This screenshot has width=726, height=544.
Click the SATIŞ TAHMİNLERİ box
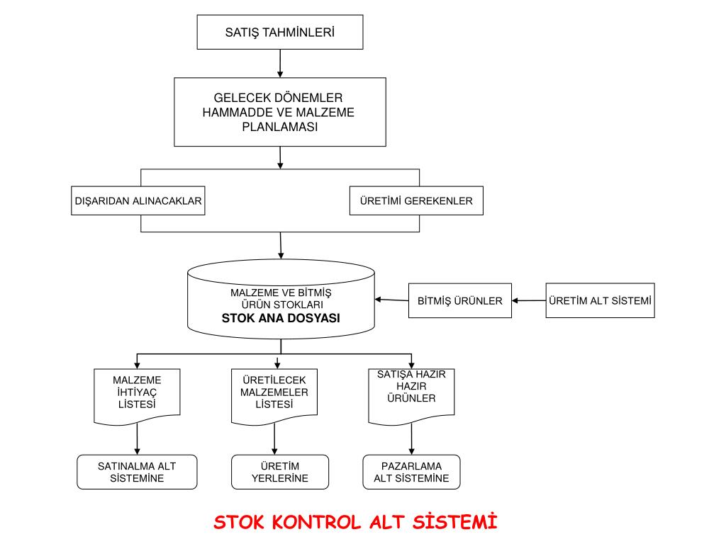[x=280, y=32]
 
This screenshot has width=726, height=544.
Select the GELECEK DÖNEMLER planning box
[x=280, y=112]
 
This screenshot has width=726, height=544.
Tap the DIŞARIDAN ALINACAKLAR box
[x=138, y=201]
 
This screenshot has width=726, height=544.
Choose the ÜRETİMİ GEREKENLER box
[x=416, y=201]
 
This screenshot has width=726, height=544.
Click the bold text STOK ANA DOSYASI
[x=281, y=319]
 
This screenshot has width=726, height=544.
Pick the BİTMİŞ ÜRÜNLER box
[x=459, y=301]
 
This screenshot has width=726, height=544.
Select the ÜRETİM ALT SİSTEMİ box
[x=600, y=300]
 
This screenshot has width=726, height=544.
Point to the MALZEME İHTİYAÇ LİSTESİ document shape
[x=137, y=395]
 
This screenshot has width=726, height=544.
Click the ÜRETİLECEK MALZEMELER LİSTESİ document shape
[x=274, y=395]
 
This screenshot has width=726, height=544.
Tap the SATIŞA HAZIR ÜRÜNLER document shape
[x=411, y=393]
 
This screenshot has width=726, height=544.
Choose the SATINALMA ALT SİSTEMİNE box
[x=137, y=472]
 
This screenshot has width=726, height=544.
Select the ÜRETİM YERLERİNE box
[x=280, y=472]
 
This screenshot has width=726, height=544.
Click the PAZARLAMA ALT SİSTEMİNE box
[x=411, y=472]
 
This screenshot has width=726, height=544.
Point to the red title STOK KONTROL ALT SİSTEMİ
[x=356, y=523]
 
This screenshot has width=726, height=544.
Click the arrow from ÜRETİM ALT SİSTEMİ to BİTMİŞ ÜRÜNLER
[x=529, y=301]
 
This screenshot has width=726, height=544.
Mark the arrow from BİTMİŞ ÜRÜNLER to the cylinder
[x=391, y=300]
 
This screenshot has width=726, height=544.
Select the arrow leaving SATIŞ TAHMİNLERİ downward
[x=280, y=64]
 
